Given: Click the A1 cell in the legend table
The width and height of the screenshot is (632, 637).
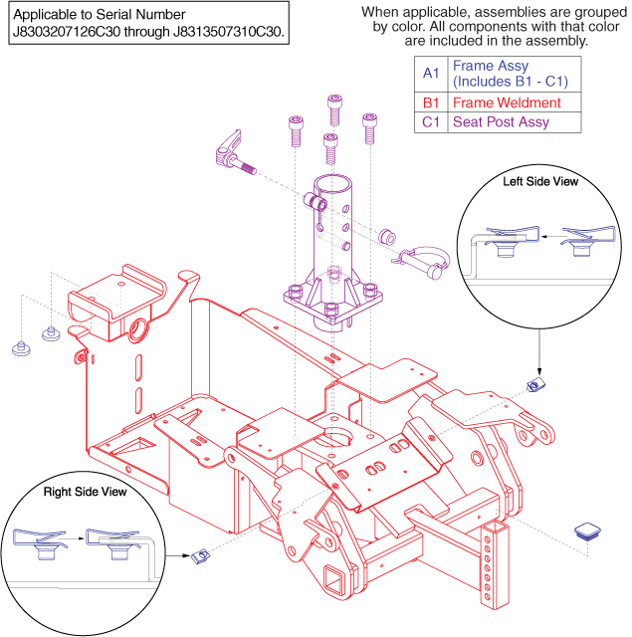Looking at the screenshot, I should (429, 73).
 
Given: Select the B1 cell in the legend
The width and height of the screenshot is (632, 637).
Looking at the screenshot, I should (429, 103).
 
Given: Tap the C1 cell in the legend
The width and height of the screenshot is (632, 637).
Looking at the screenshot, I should (429, 122).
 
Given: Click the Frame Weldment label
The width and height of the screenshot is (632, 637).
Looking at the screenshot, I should (506, 103).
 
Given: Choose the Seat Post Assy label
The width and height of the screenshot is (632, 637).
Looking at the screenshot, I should (500, 122).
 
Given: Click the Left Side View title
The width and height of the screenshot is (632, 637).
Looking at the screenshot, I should (540, 182).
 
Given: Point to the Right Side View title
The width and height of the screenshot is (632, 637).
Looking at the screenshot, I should (85, 492).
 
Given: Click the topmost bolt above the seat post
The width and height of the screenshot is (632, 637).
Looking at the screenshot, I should (334, 108).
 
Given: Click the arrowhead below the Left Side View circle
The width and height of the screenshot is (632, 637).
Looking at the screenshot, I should (538, 363).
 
